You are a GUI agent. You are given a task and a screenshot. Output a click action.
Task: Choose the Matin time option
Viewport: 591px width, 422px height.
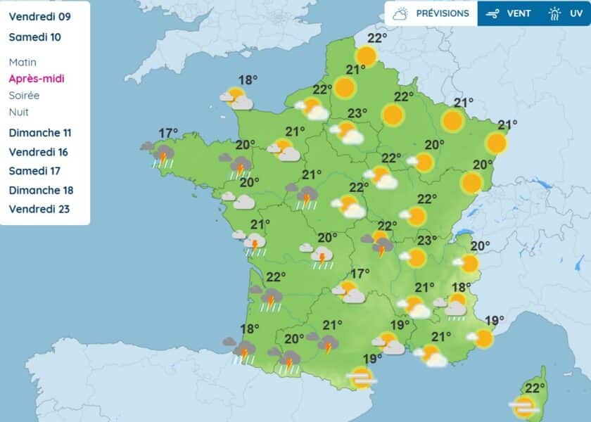[23, 62]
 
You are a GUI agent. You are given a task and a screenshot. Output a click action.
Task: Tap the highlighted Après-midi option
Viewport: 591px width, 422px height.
[37, 79]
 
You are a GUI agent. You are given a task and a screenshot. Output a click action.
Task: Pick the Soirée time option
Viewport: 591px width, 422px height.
[24, 96]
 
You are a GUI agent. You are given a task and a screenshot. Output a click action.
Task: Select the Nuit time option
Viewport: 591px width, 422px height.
[19, 112]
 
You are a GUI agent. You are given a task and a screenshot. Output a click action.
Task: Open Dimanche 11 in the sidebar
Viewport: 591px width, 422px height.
[40, 133]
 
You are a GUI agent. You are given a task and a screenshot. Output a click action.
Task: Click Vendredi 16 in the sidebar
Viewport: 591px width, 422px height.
[38, 152]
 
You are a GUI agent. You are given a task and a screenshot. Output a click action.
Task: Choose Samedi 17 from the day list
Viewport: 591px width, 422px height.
[35, 171]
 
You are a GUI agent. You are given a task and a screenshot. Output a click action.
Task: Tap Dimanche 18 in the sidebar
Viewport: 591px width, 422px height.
[41, 190]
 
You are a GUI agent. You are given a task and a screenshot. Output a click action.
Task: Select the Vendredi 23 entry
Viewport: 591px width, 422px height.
[39, 209]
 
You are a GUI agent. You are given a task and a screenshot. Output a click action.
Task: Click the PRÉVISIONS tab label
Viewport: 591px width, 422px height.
[442, 13]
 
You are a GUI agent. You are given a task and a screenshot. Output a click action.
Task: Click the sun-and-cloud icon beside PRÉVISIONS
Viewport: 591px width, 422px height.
[401, 13]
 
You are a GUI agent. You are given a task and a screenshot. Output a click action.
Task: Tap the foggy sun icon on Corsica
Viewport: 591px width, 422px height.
[523, 407]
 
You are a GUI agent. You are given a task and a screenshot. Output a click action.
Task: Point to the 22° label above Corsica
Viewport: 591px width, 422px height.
[535, 388]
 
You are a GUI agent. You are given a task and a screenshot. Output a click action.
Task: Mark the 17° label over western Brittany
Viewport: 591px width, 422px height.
[167, 133]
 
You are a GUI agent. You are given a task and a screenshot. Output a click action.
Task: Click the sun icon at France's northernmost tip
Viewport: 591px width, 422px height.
[366, 56]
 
